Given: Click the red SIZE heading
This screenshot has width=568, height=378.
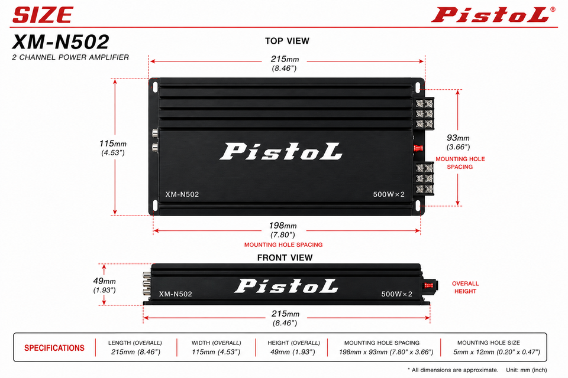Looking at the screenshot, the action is point(43,15).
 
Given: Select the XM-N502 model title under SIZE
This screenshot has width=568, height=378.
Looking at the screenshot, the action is point(60,41).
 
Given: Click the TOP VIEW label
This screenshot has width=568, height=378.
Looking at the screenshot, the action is point(287,41).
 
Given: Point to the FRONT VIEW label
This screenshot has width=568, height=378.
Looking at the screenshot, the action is point(285,258).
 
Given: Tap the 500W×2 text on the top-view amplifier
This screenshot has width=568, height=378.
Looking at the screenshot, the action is point(389,194).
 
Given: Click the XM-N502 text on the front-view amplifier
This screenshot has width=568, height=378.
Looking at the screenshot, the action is point(176,294).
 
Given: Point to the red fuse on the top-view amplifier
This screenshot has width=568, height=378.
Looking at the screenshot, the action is point(418,148).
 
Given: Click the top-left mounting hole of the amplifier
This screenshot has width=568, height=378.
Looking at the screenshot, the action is point(155,87).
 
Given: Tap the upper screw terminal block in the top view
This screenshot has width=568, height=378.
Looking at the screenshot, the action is point(424,113).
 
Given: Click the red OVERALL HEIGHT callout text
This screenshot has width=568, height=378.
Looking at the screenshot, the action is point(465,287).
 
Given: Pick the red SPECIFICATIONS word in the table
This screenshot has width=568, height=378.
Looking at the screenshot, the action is point(54,348).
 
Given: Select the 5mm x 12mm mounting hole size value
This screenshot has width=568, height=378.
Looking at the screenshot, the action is point(496,352).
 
